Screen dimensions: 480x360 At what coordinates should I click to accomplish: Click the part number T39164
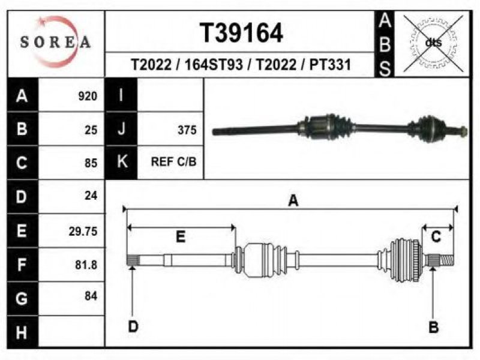pos(241,33)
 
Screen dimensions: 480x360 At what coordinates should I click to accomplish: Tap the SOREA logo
pos(55,41)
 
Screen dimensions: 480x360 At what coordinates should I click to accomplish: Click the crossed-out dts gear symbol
pos(433,43)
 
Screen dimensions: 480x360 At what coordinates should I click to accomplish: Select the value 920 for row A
pos(88,96)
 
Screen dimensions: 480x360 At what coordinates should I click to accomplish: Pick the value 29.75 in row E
pos(83,231)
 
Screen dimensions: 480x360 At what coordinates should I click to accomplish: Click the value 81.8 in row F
pos(86,265)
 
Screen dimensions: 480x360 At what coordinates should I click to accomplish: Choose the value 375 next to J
pos(187,130)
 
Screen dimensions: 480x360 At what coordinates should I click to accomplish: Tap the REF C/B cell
pos(173,161)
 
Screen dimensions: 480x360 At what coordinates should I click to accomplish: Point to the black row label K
pos(122,162)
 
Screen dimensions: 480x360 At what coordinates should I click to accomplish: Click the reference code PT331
pos(329,65)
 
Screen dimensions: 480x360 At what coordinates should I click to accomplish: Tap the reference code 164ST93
pos(214,65)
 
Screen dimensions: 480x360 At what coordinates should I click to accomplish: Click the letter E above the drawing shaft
pos(181,236)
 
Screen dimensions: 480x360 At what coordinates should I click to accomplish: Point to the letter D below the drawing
pos(133,326)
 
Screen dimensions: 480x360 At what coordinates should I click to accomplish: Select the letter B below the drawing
pos(433,327)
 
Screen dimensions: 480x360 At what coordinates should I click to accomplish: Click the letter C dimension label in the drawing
pos(436,236)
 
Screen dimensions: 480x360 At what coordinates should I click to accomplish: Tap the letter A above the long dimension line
pos(293,201)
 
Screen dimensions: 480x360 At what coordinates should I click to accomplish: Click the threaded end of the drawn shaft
pos(446,260)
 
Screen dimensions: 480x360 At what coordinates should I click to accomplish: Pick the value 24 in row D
pos(91,196)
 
